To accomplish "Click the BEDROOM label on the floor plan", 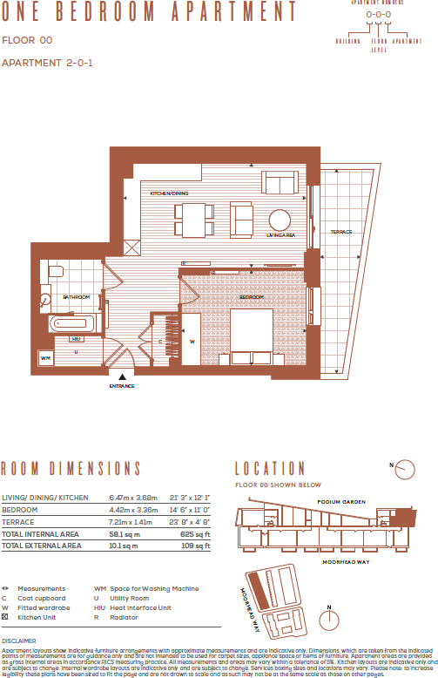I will tap(252, 296).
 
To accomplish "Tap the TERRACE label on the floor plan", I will tap(340, 232).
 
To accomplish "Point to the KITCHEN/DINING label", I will tap(169, 193).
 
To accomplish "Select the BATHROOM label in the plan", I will tap(76, 297).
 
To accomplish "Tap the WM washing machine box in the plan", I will tap(46, 357).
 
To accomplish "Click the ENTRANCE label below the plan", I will tap(122, 386).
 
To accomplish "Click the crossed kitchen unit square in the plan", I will tap(131, 248).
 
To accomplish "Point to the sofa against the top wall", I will tap(278, 183).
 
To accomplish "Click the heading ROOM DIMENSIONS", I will tap(71, 469).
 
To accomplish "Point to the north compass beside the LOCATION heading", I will tap(404, 470).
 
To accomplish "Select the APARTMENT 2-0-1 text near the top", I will tap(47, 63).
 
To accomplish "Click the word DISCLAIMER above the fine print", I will tap(19, 640).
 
